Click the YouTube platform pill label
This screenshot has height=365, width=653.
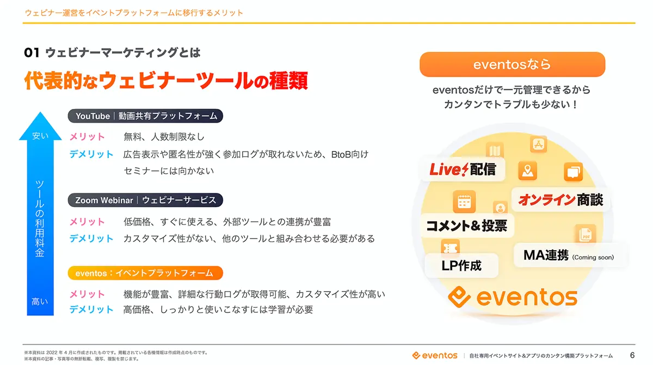[145, 116]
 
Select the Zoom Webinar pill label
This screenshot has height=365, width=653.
[145, 200]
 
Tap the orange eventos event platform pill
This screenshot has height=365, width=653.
[145, 273]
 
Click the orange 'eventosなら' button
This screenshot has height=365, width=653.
[512, 64]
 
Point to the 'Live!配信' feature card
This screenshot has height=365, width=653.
[463, 169]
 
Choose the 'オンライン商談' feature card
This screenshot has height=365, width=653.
[560, 200]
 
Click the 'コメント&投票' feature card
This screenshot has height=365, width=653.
[467, 226]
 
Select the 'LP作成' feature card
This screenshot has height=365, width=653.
[461, 265]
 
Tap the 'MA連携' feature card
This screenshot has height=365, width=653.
[569, 255]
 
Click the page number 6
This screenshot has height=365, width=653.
[632, 355]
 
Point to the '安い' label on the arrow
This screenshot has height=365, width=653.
[40, 136]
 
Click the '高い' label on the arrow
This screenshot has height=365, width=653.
[40, 301]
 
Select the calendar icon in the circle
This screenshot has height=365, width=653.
[464, 202]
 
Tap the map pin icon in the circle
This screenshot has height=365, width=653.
[528, 171]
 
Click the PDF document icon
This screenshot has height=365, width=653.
[585, 234]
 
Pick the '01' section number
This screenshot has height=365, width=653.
[32, 53]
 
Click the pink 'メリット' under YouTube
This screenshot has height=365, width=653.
[87, 137]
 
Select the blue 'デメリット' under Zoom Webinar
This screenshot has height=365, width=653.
[91, 239]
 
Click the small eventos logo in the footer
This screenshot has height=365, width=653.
[435, 355]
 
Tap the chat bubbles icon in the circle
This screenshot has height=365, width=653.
[573, 172]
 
